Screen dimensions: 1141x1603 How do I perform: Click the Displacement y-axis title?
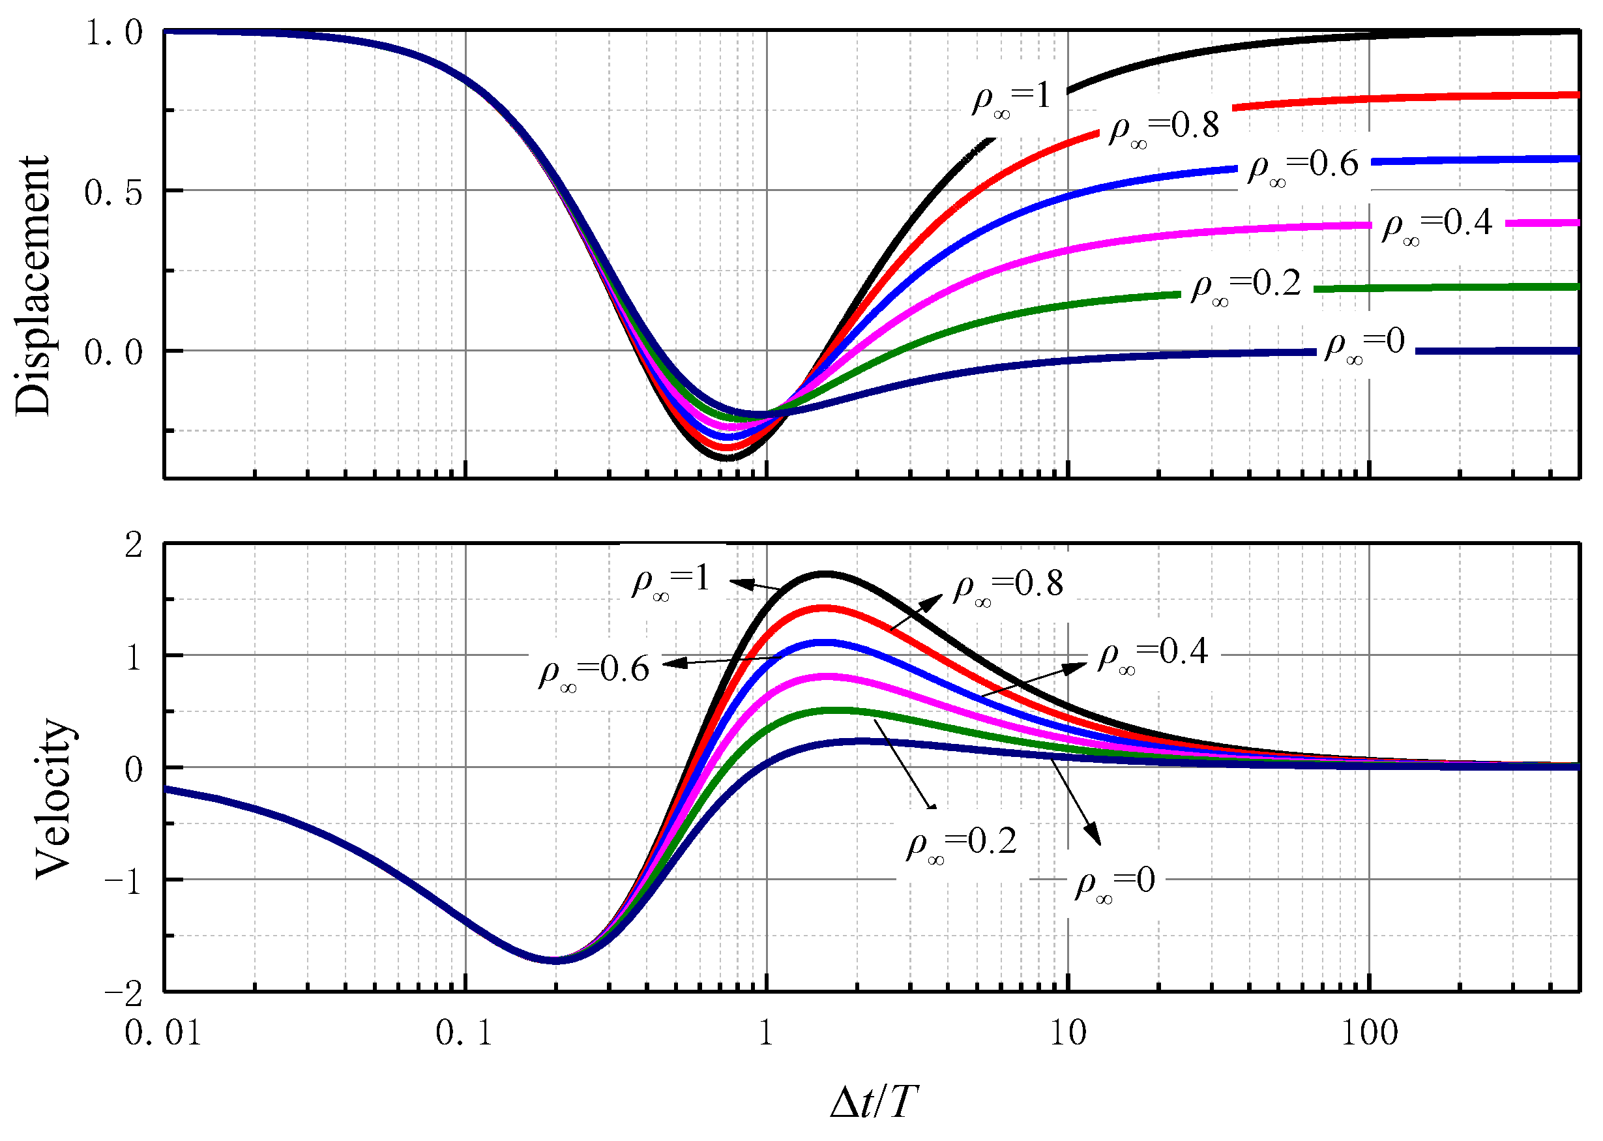coord(33,286)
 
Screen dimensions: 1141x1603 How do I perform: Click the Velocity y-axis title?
coord(55,798)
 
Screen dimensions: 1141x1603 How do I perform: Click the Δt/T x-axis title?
coord(873,1101)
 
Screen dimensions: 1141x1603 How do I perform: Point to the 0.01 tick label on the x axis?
coord(163,1033)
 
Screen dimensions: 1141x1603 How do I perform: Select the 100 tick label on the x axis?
coord(1369,1033)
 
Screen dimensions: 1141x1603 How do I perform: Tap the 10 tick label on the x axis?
coord(1068,1033)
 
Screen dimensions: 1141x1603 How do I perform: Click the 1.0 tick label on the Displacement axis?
coord(114,33)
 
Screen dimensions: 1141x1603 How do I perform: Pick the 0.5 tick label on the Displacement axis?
coord(114,192)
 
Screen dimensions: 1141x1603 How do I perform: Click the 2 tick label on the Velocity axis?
coord(134,544)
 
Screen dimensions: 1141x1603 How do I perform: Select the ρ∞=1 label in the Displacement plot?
coord(1012,98)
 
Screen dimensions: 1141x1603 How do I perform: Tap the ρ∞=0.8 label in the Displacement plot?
coord(1164,128)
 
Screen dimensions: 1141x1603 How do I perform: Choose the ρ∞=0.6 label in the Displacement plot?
coord(1303,167)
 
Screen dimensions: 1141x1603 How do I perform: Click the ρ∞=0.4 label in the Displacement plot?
coord(1437,226)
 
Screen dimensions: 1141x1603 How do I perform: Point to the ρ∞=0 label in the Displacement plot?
coord(1364,345)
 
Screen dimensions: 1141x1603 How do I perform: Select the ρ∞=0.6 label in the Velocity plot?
coord(595,672)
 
